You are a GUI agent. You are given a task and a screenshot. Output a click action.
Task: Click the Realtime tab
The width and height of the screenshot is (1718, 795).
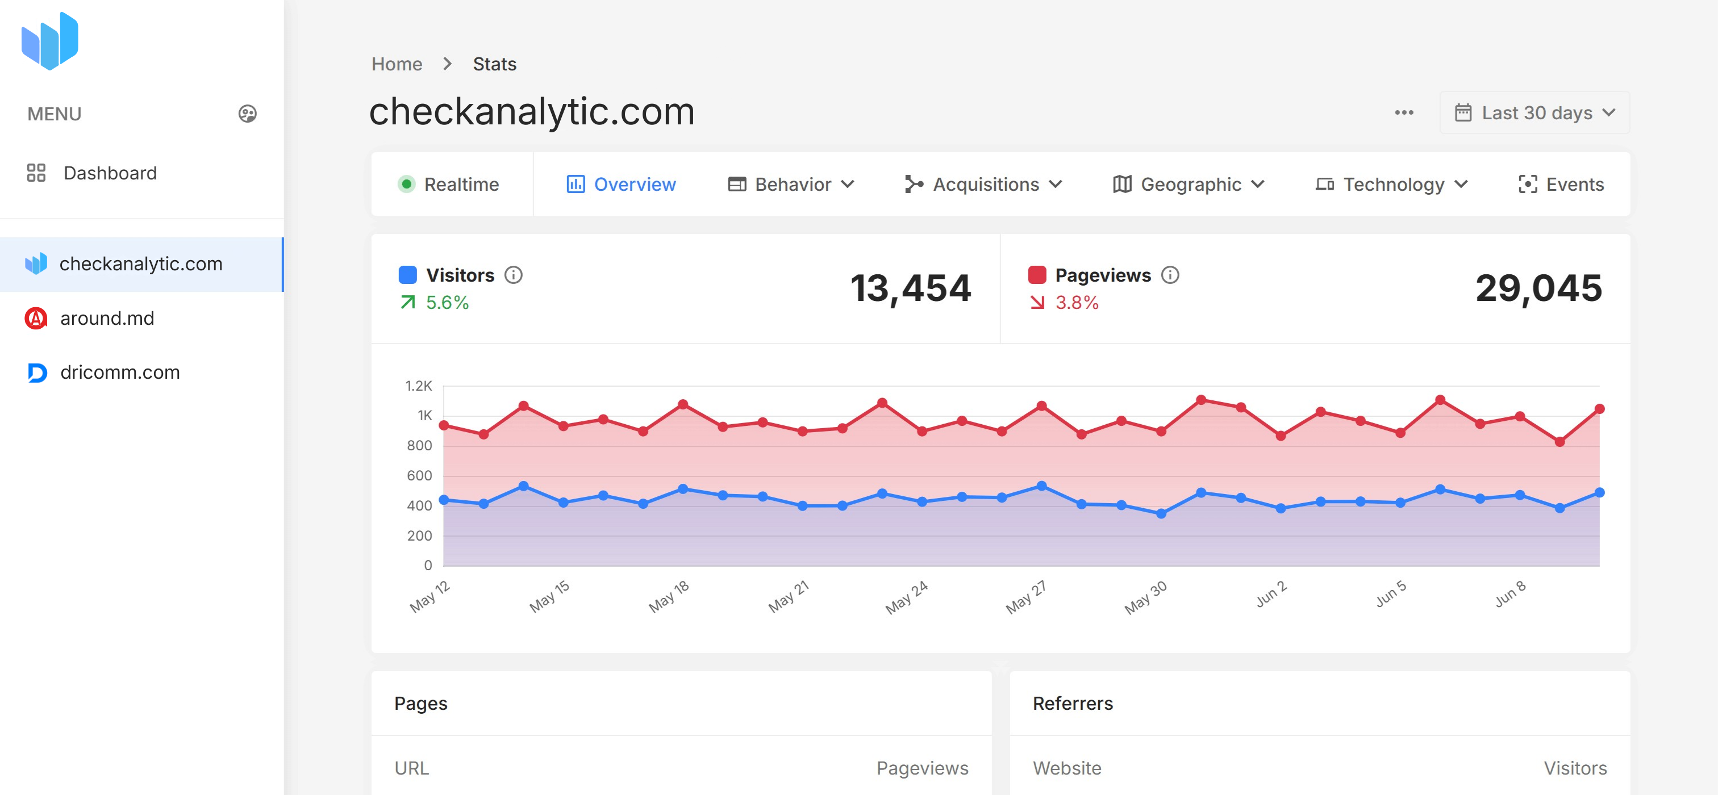pos(449,184)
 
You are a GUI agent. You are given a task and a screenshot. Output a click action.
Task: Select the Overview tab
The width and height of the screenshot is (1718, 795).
pos(621,184)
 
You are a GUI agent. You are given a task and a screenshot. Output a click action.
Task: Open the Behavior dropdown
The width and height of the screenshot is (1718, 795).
pos(791,184)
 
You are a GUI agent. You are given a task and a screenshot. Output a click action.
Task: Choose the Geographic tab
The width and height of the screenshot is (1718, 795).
pos(1189,184)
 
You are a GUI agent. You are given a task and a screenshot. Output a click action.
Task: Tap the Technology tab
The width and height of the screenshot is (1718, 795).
pos(1392,184)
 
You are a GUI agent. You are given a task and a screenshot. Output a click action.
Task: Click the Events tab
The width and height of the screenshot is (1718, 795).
pos(1561,184)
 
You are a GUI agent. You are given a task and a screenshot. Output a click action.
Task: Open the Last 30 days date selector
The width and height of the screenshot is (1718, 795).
pos(1534,112)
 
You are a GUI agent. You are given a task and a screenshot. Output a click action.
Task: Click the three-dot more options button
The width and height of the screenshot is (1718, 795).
pos(1404,112)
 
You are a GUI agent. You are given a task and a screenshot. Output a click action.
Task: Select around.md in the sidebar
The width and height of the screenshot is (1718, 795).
pos(107,319)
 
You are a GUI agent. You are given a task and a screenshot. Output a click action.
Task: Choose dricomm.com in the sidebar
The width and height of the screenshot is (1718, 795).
pos(119,373)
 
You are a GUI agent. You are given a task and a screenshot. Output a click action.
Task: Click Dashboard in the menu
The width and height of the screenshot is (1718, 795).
pos(110,173)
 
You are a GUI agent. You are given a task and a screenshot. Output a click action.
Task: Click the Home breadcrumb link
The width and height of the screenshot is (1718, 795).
pos(397,64)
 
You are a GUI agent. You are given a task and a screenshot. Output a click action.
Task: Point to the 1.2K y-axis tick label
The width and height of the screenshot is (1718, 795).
pos(419,386)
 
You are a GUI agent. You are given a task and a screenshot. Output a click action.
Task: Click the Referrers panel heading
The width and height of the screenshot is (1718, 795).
pos(1073,703)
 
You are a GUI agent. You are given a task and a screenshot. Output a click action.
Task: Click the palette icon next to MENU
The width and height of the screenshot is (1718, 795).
pos(248,114)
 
